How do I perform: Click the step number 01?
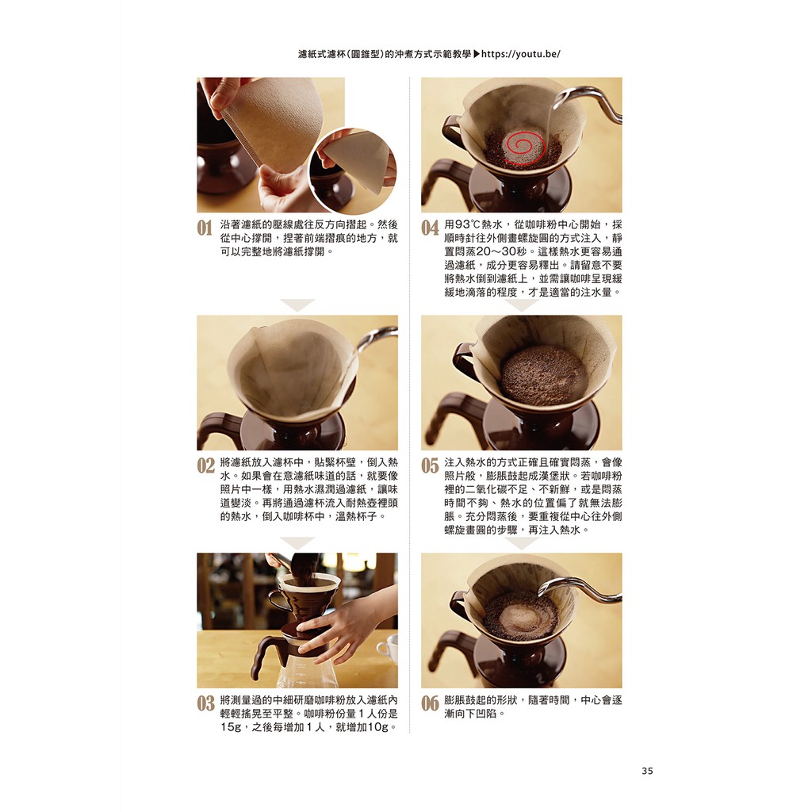[x=205, y=228]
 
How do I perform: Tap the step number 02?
[x=205, y=465]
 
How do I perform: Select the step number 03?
[x=205, y=703]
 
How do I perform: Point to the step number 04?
[x=430, y=228]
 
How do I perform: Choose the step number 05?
[x=430, y=465]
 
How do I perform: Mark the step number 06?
[x=430, y=703]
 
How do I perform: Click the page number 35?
[x=647, y=771]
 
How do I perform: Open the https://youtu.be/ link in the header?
[x=521, y=54]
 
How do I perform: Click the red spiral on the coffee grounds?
[x=525, y=147]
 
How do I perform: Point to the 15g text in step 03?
[x=231, y=727]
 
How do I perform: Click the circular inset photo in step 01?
[x=353, y=171]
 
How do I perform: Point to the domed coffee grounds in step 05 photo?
[x=542, y=374]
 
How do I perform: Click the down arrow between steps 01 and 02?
[x=297, y=304]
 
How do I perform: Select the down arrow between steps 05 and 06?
[x=522, y=542]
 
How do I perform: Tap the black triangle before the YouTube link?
[x=477, y=54]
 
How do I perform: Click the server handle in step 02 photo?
[x=217, y=430]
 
